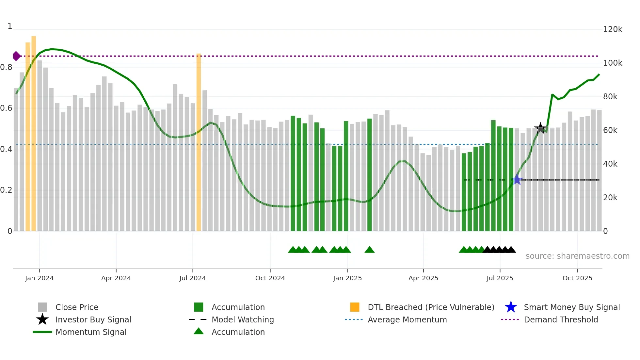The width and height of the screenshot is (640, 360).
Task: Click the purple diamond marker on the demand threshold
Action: click(x=16, y=56)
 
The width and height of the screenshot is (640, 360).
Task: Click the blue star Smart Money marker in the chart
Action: click(x=517, y=180)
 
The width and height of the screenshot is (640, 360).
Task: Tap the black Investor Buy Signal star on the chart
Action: click(x=540, y=128)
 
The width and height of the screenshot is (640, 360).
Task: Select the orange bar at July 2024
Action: click(x=199, y=142)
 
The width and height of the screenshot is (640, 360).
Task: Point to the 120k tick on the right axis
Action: click(x=613, y=29)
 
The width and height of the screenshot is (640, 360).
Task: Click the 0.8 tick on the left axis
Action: click(x=6, y=67)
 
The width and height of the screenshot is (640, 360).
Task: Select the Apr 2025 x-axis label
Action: click(x=423, y=278)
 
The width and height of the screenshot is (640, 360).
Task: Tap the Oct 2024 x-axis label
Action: click(x=270, y=278)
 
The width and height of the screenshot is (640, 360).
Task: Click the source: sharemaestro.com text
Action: click(x=577, y=256)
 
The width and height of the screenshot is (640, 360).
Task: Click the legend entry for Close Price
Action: click(x=77, y=307)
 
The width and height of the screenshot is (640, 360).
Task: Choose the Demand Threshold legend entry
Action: click(x=561, y=319)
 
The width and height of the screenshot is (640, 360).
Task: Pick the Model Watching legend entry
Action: click(x=243, y=319)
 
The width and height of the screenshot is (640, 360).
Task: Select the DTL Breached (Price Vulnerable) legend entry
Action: click(x=431, y=307)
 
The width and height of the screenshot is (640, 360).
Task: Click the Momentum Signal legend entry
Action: click(x=91, y=332)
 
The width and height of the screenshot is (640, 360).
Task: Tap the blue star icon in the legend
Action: click(x=511, y=307)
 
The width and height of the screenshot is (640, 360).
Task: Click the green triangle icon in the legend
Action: click(x=199, y=331)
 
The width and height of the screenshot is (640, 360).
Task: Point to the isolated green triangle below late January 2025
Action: click(x=369, y=250)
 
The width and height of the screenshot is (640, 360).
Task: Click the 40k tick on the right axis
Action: click(x=610, y=164)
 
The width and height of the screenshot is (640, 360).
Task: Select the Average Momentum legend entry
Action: click(x=407, y=319)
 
